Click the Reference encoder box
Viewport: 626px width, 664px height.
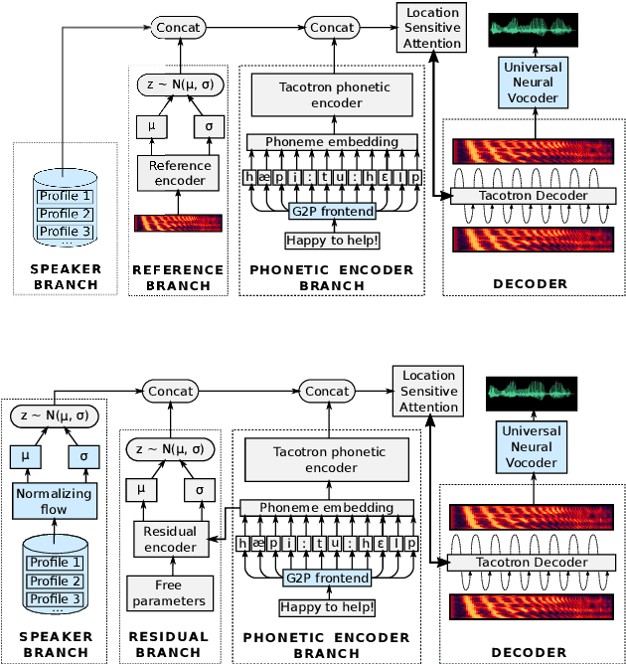tap(178, 173)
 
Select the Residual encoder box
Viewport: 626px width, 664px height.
tap(171, 539)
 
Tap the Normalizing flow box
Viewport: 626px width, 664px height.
tap(55, 501)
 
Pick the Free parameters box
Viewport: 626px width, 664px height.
tap(170, 592)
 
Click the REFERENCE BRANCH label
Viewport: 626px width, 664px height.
tap(178, 277)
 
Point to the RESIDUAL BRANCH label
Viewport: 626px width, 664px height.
tap(169, 644)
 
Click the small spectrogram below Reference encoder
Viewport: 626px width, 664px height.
tap(178, 224)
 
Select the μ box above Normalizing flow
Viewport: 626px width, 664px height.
tap(26, 456)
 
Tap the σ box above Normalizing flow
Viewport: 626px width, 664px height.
tap(83, 456)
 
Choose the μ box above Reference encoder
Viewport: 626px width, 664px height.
tap(151, 126)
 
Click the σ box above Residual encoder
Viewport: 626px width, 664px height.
tap(200, 490)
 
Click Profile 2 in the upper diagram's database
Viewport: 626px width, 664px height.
tap(66, 214)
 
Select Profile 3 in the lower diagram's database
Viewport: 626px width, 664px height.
tap(55, 598)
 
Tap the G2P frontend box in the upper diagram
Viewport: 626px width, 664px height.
tap(333, 211)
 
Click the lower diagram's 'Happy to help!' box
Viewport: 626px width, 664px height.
tap(327, 607)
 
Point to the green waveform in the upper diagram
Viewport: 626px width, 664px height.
tap(533, 30)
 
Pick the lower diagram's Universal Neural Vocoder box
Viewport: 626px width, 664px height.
tap(532, 446)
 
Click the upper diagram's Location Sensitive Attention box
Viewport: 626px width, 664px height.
tap(431, 28)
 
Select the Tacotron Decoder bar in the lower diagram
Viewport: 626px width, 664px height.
tap(532, 563)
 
